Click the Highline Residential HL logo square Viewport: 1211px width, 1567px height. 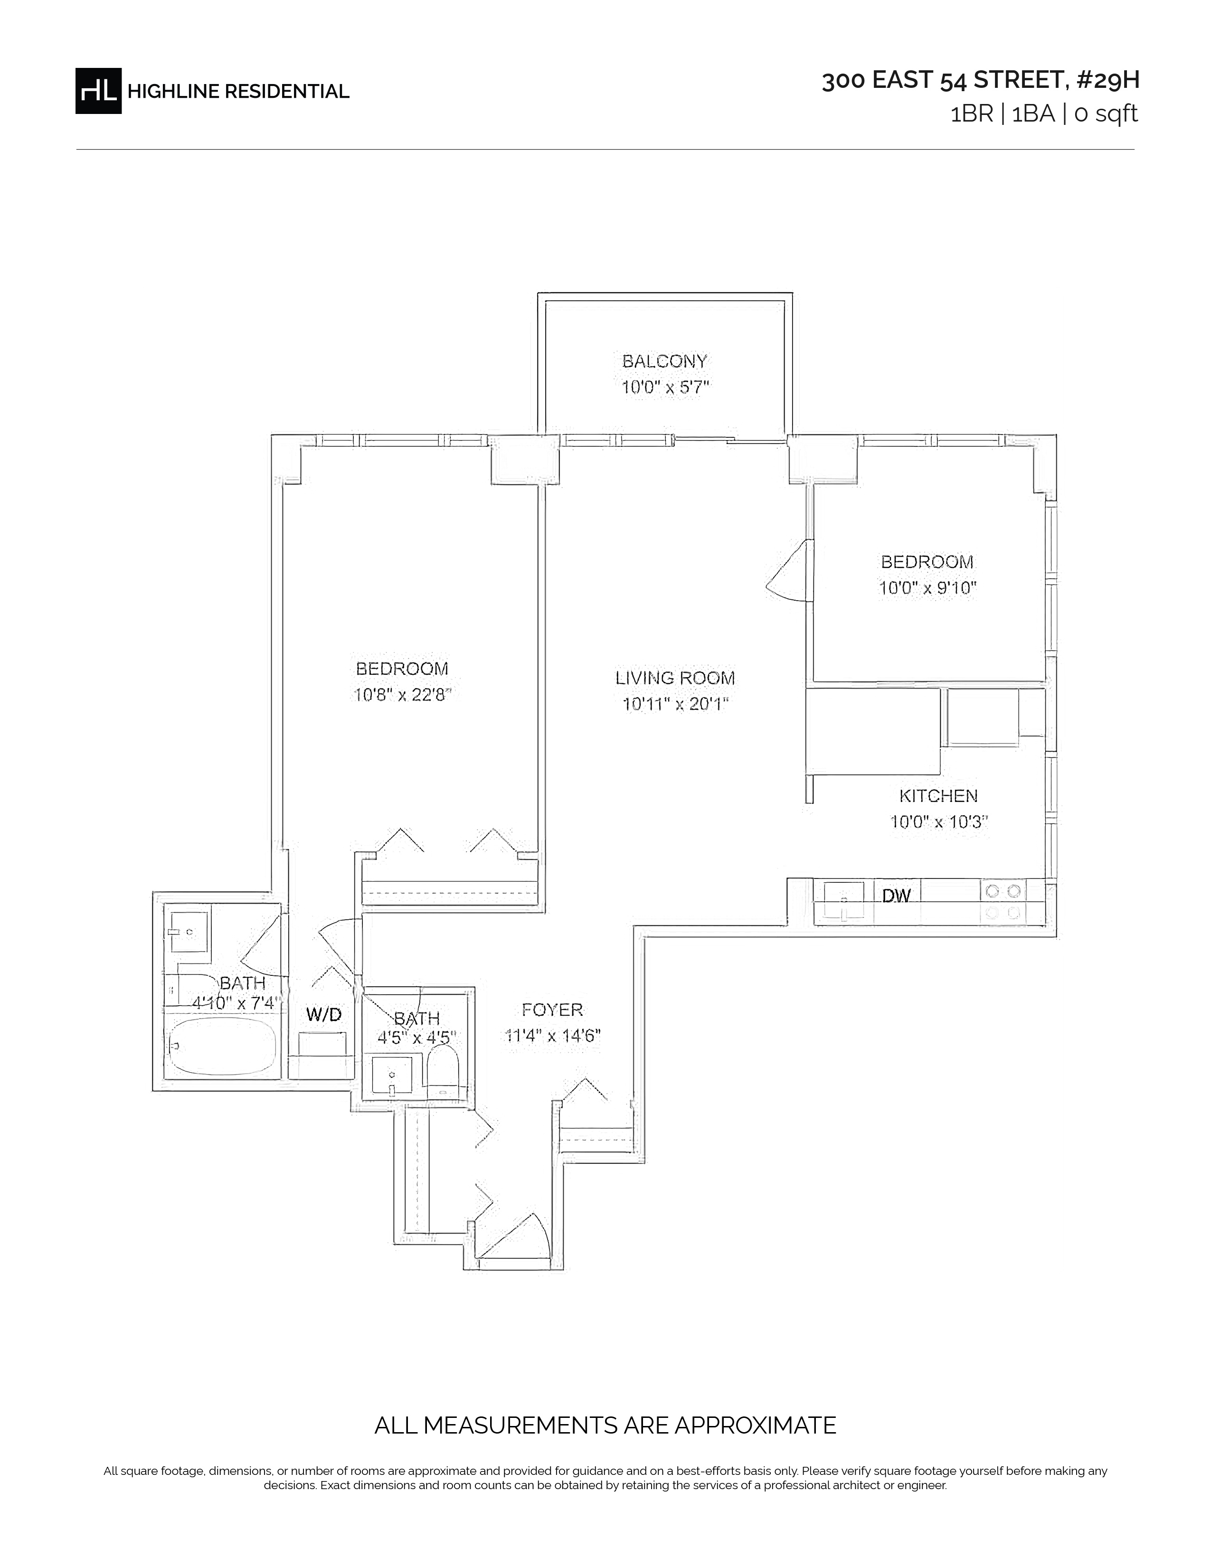tap(98, 91)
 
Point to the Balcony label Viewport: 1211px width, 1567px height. tap(664, 361)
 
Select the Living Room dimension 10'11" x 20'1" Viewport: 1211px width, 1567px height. tap(675, 704)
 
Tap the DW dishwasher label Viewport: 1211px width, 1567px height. tap(896, 896)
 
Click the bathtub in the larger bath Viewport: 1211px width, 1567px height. tap(222, 1046)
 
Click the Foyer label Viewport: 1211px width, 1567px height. tap(552, 1010)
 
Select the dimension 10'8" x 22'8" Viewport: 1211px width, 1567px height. tap(402, 695)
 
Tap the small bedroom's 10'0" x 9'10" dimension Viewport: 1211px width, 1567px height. tap(927, 588)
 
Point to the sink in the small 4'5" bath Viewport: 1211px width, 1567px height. tap(392, 1076)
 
